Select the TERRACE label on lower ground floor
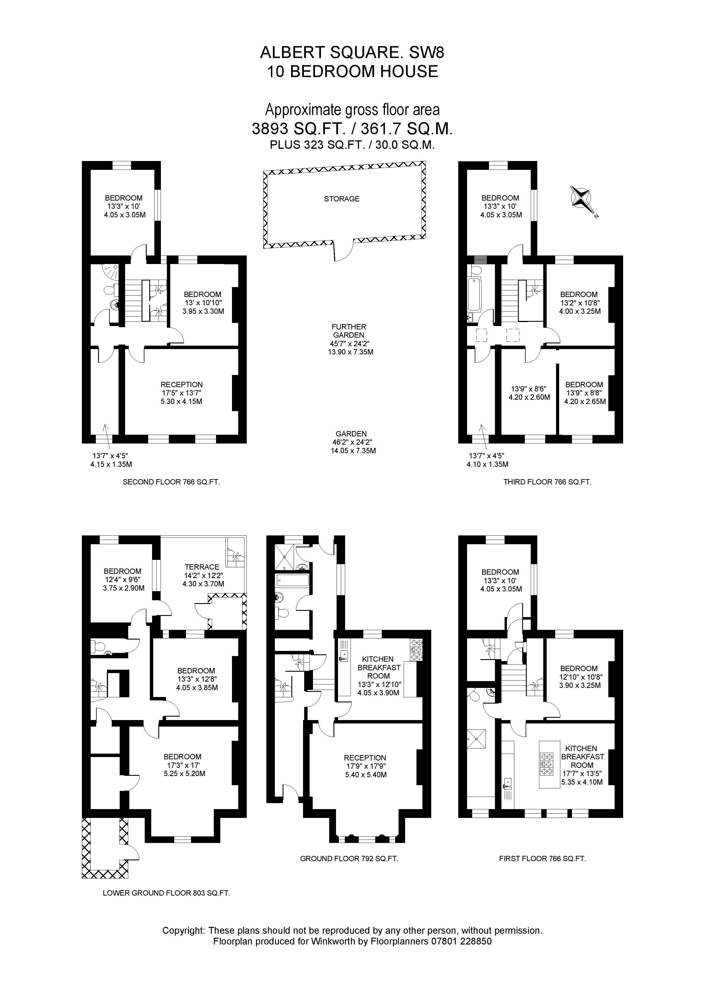[x=202, y=567]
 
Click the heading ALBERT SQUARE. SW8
[x=352, y=53]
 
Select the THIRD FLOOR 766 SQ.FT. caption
[x=547, y=482]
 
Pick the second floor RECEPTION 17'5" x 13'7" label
[x=182, y=393]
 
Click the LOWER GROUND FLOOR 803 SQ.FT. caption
[x=166, y=893]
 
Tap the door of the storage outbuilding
[x=344, y=251]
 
